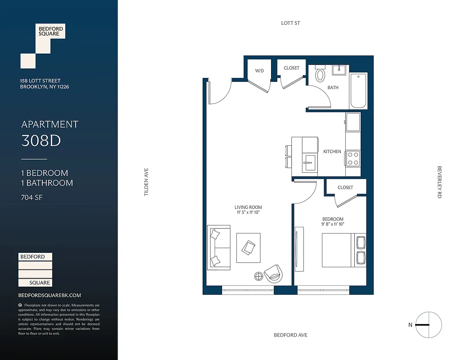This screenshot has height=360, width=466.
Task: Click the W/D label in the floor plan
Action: [x=259, y=71]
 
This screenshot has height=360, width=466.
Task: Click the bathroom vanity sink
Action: [x=339, y=70]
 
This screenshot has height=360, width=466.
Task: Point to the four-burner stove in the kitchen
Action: [x=353, y=158]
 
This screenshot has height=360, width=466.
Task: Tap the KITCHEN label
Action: [x=332, y=152]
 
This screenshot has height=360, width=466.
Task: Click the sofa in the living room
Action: [x=219, y=247]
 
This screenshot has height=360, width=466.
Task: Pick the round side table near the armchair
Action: [x=259, y=275]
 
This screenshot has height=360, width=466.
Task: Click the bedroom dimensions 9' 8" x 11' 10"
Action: [x=333, y=224]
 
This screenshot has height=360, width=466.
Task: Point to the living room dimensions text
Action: [x=248, y=212]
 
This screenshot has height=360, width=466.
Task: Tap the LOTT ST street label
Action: [x=290, y=23]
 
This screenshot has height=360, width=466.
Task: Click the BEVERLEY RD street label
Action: [x=439, y=182]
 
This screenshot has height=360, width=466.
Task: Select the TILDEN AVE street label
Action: [x=146, y=182]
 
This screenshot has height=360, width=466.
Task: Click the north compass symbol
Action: [x=428, y=324]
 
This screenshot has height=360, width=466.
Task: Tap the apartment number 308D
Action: [x=41, y=141]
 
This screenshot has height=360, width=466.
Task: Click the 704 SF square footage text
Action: [x=32, y=197]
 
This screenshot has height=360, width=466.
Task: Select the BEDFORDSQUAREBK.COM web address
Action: [x=50, y=295]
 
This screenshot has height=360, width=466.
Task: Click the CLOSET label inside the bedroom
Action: [x=345, y=187]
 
